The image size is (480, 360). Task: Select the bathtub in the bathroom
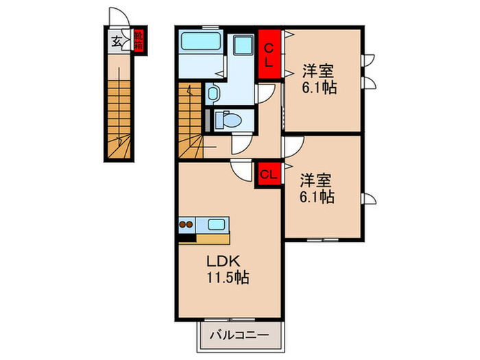(200, 46)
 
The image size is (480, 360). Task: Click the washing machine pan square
(242, 48)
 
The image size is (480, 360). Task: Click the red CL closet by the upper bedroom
(269, 52)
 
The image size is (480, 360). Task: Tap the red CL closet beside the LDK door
(269, 174)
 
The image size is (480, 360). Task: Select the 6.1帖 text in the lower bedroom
(317, 198)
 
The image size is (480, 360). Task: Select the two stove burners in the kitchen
(186, 224)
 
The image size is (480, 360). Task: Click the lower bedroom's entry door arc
(293, 147)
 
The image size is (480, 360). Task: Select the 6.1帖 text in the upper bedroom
(319, 88)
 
